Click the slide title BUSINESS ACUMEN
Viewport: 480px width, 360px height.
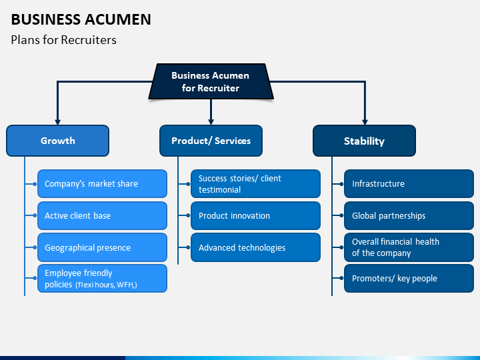pyautogui.click(x=81, y=19)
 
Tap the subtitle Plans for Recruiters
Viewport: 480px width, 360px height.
pyautogui.click(x=64, y=40)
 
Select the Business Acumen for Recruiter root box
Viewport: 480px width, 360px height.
pyautogui.click(x=211, y=81)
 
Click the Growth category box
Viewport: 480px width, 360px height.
pyautogui.click(x=57, y=141)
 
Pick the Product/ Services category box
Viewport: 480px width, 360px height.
pyautogui.click(x=211, y=141)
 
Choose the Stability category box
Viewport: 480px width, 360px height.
pyautogui.click(x=364, y=141)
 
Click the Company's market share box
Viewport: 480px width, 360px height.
pyautogui.click(x=102, y=184)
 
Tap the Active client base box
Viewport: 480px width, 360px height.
pyautogui.click(x=102, y=215)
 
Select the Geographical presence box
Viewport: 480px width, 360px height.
pyautogui.click(x=102, y=247)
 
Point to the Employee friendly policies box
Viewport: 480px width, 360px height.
pyautogui.click(x=102, y=279)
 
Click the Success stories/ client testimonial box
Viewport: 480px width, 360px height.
pyautogui.click(x=255, y=184)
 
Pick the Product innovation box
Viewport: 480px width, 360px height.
pyautogui.click(x=255, y=215)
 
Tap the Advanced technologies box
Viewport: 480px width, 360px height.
pyautogui.click(x=255, y=247)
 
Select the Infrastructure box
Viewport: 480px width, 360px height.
pyautogui.click(x=409, y=184)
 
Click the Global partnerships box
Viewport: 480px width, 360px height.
pyautogui.click(x=409, y=215)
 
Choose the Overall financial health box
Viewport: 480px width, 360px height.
pyautogui.click(x=409, y=247)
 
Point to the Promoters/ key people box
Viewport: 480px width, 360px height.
pyautogui.click(x=409, y=279)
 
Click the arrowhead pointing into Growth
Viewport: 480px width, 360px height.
pyautogui.click(x=57, y=122)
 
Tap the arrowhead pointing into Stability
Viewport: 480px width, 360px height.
pyautogui.click(x=365, y=122)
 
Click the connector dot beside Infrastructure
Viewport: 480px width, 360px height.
pyautogui.click(x=341, y=184)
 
